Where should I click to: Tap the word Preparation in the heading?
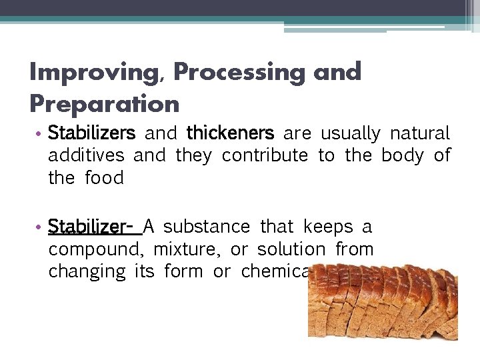[105, 104]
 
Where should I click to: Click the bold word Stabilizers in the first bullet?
[91, 133]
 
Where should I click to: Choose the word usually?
[350, 134]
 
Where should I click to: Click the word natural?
[420, 133]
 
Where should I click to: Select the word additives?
[86, 156]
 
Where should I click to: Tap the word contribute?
[265, 156]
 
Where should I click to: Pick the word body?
[403, 156]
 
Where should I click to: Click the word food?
[105, 178]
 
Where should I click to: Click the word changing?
[87, 272]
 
